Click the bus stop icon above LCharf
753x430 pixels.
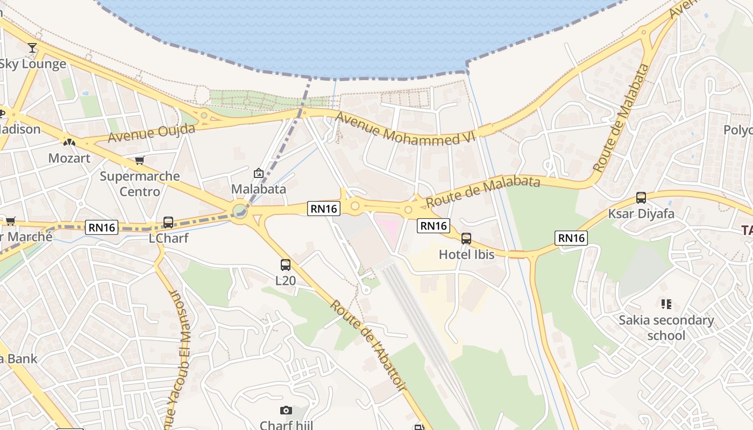tap(168, 222)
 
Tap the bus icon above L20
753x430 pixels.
tap(286, 264)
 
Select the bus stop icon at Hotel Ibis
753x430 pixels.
tap(466, 239)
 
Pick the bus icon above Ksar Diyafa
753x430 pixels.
tap(641, 197)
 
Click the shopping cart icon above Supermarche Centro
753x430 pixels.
tap(140, 160)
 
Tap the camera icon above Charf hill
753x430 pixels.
tap(286, 411)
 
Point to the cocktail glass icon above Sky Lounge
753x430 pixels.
tap(32, 48)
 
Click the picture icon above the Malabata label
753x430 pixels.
tap(259, 173)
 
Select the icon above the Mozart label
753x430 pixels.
tap(69, 142)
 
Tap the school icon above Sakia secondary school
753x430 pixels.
tap(666, 304)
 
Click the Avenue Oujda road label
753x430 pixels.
tap(151, 133)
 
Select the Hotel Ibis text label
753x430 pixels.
tap(466, 254)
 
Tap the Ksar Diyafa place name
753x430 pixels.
tap(641, 213)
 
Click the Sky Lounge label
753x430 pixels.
tap(32, 63)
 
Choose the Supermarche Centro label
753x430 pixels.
tap(140, 183)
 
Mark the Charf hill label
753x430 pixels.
tap(286, 425)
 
